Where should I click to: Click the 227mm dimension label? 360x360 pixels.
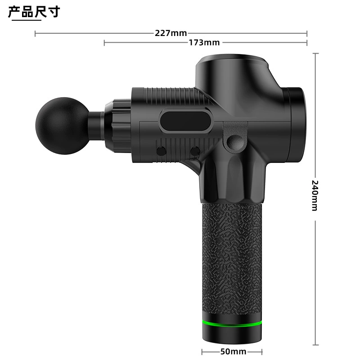(171, 33)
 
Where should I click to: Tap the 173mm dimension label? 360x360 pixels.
(204, 42)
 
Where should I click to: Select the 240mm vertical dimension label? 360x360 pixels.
(315, 196)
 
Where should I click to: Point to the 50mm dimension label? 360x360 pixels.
(233, 351)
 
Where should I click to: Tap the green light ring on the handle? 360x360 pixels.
(232, 324)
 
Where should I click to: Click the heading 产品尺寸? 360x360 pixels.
(34, 12)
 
